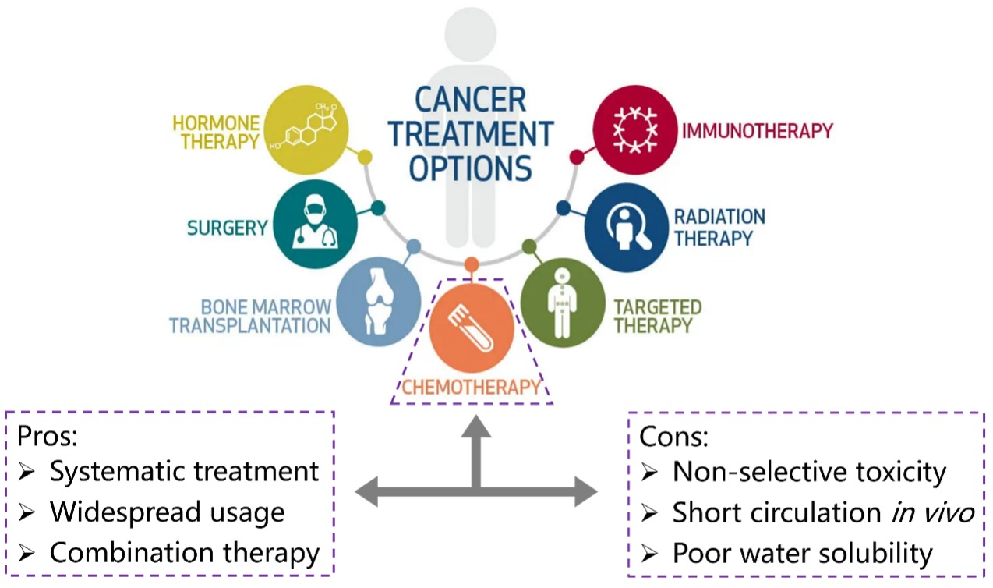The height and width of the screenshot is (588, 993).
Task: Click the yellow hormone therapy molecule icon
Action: click(306, 129)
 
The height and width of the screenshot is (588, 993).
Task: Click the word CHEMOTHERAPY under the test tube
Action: click(471, 386)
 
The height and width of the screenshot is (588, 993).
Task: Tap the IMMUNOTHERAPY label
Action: click(757, 130)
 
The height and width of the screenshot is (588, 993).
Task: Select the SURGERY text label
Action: click(227, 228)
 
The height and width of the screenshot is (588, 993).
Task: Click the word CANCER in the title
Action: click(470, 100)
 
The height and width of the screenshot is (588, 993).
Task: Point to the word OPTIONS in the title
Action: click(471, 168)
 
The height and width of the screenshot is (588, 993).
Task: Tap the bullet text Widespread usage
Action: click(167, 512)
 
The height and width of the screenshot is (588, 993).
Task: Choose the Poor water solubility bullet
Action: click(802, 553)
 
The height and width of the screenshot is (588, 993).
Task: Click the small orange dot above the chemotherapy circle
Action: click(471, 264)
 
